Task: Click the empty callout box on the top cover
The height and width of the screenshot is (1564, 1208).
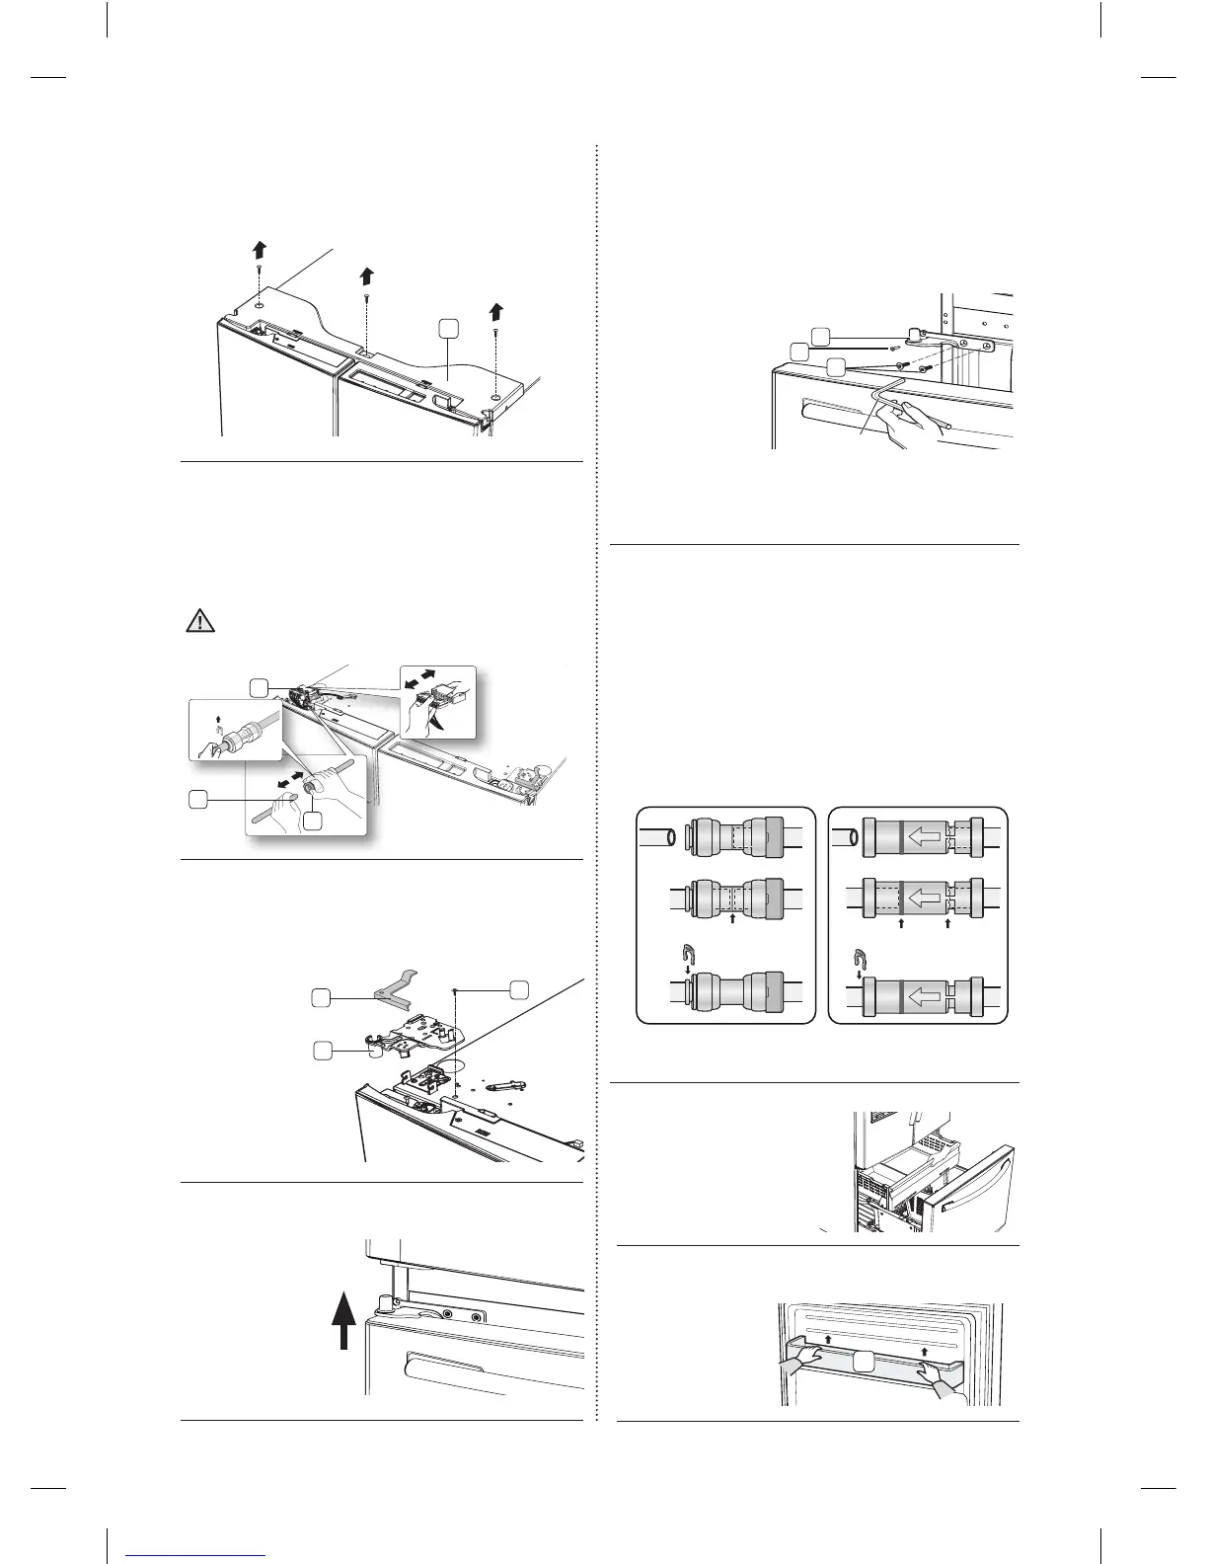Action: (449, 328)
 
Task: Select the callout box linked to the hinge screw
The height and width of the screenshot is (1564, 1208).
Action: (519, 988)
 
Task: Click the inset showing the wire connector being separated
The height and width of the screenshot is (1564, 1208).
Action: (437, 701)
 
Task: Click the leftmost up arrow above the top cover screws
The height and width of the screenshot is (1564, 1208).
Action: (259, 247)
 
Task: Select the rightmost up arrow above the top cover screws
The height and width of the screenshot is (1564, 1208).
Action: (496, 312)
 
